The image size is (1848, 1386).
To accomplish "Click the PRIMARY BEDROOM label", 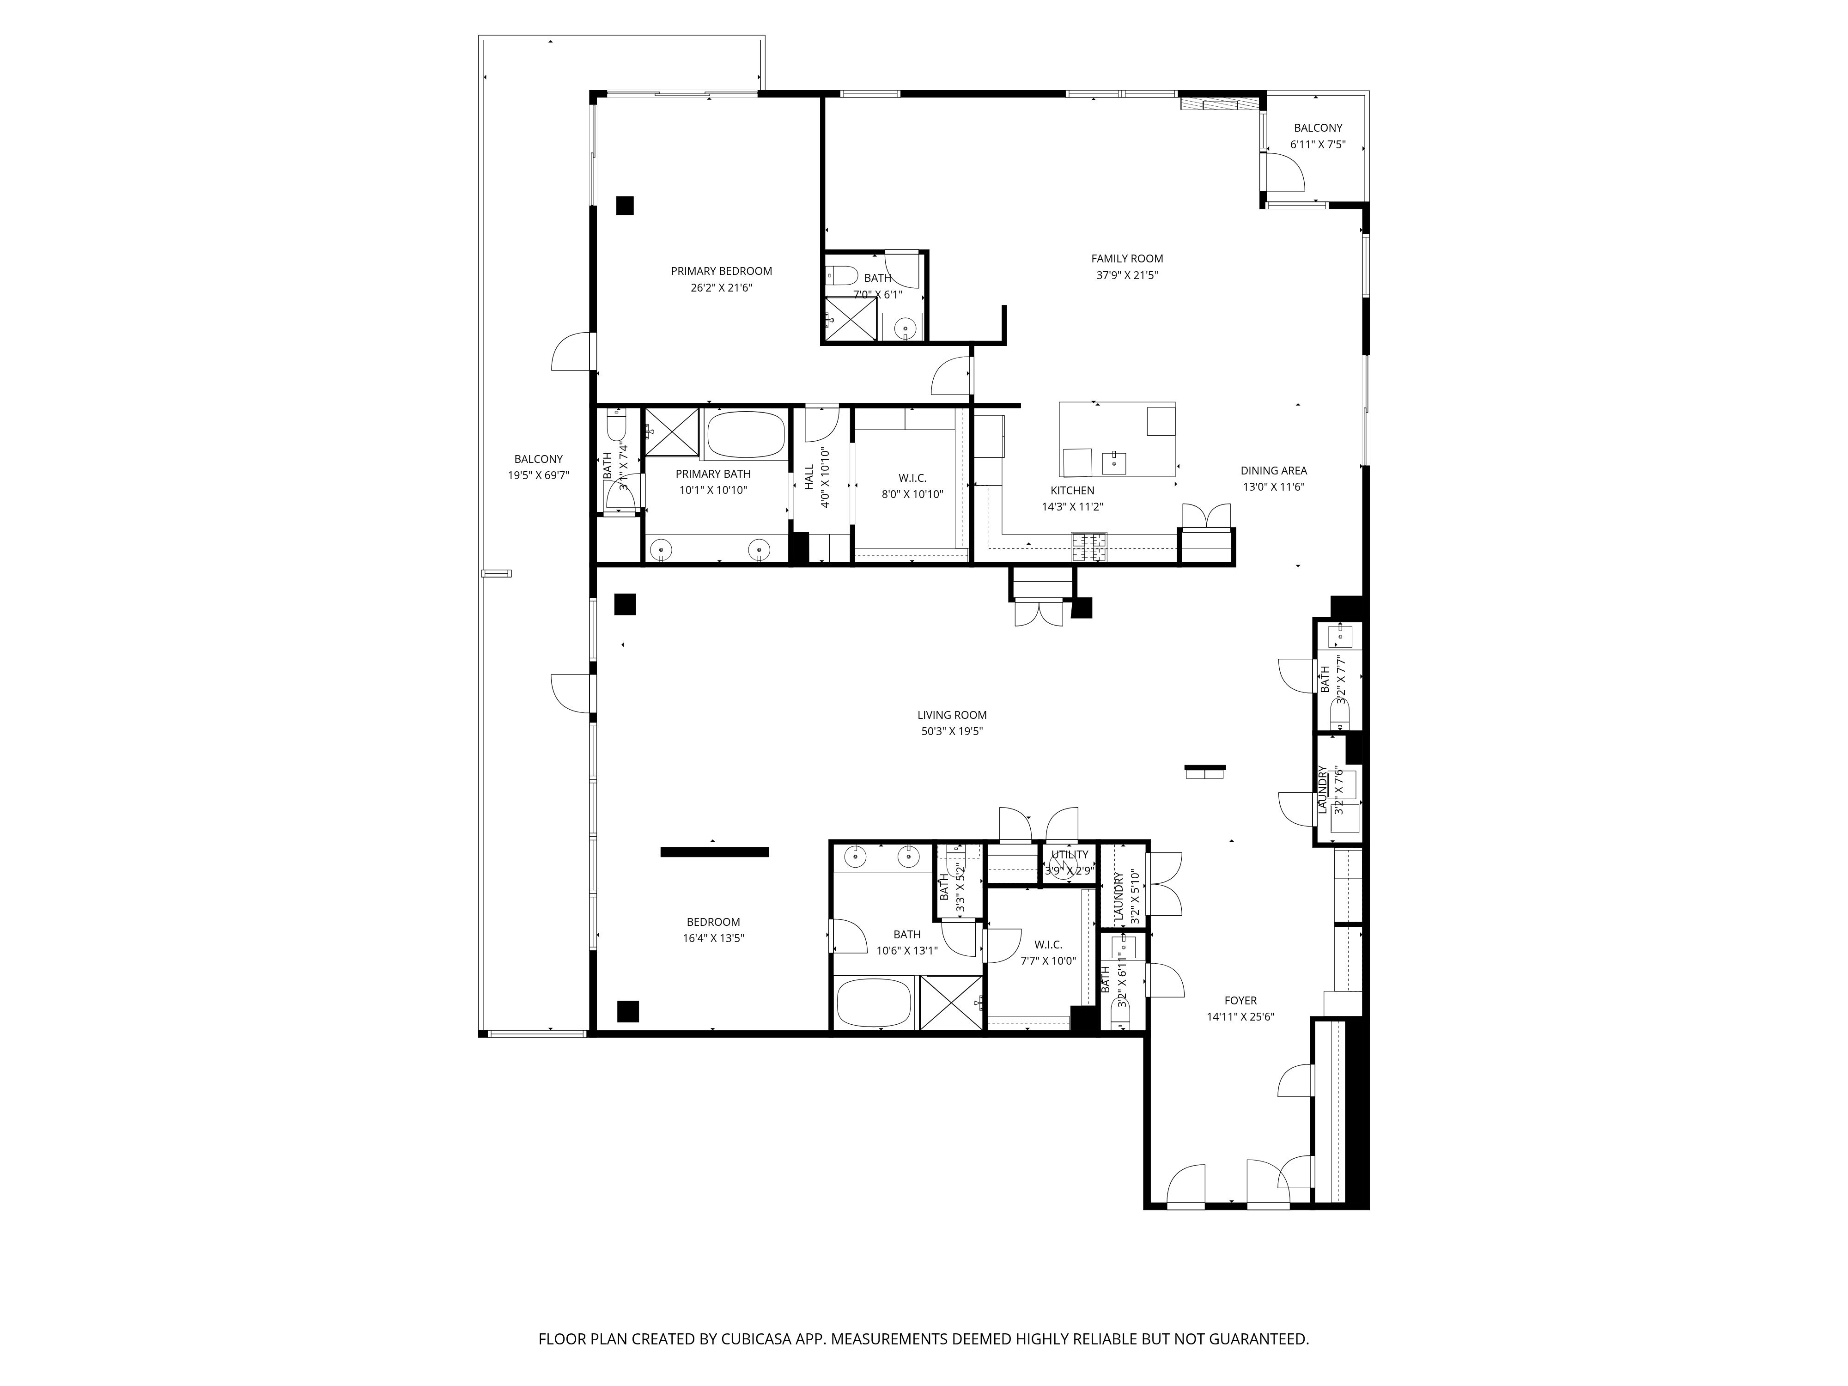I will pyautogui.click(x=721, y=271).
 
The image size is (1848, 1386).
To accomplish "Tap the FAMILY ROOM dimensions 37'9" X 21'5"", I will pyautogui.click(x=1127, y=275).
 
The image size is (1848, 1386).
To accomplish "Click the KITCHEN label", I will pyautogui.click(x=1072, y=490).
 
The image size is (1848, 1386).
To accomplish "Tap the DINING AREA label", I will pyautogui.click(x=1273, y=470).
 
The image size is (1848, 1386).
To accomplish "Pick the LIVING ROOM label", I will pyautogui.click(x=952, y=714).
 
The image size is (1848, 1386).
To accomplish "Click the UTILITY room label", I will pyautogui.click(x=1070, y=854).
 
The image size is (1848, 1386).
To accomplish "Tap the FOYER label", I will pyautogui.click(x=1240, y=1000).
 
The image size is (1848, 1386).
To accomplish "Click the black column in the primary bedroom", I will pyautogui.click(x=625, y=206).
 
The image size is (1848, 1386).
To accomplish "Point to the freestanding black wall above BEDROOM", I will pyautogui.click(x=714, y=851).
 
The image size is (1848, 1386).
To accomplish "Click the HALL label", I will pyautogui.click(x=808, y=477).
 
